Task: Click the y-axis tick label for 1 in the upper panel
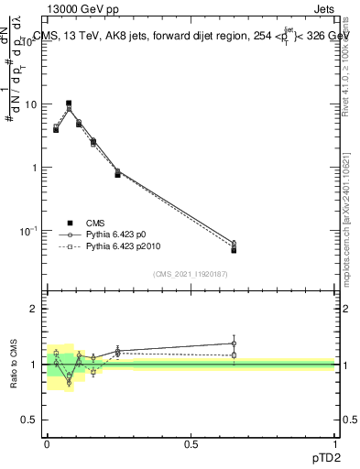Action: pyautogui.click(x=34, y=168)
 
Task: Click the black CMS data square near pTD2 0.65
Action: pyautogui.click(x=235, y=250)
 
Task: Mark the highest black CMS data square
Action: pyautogui.click(x=69, y=104)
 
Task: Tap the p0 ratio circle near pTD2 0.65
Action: pyautogui.click(x=235, y=344)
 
